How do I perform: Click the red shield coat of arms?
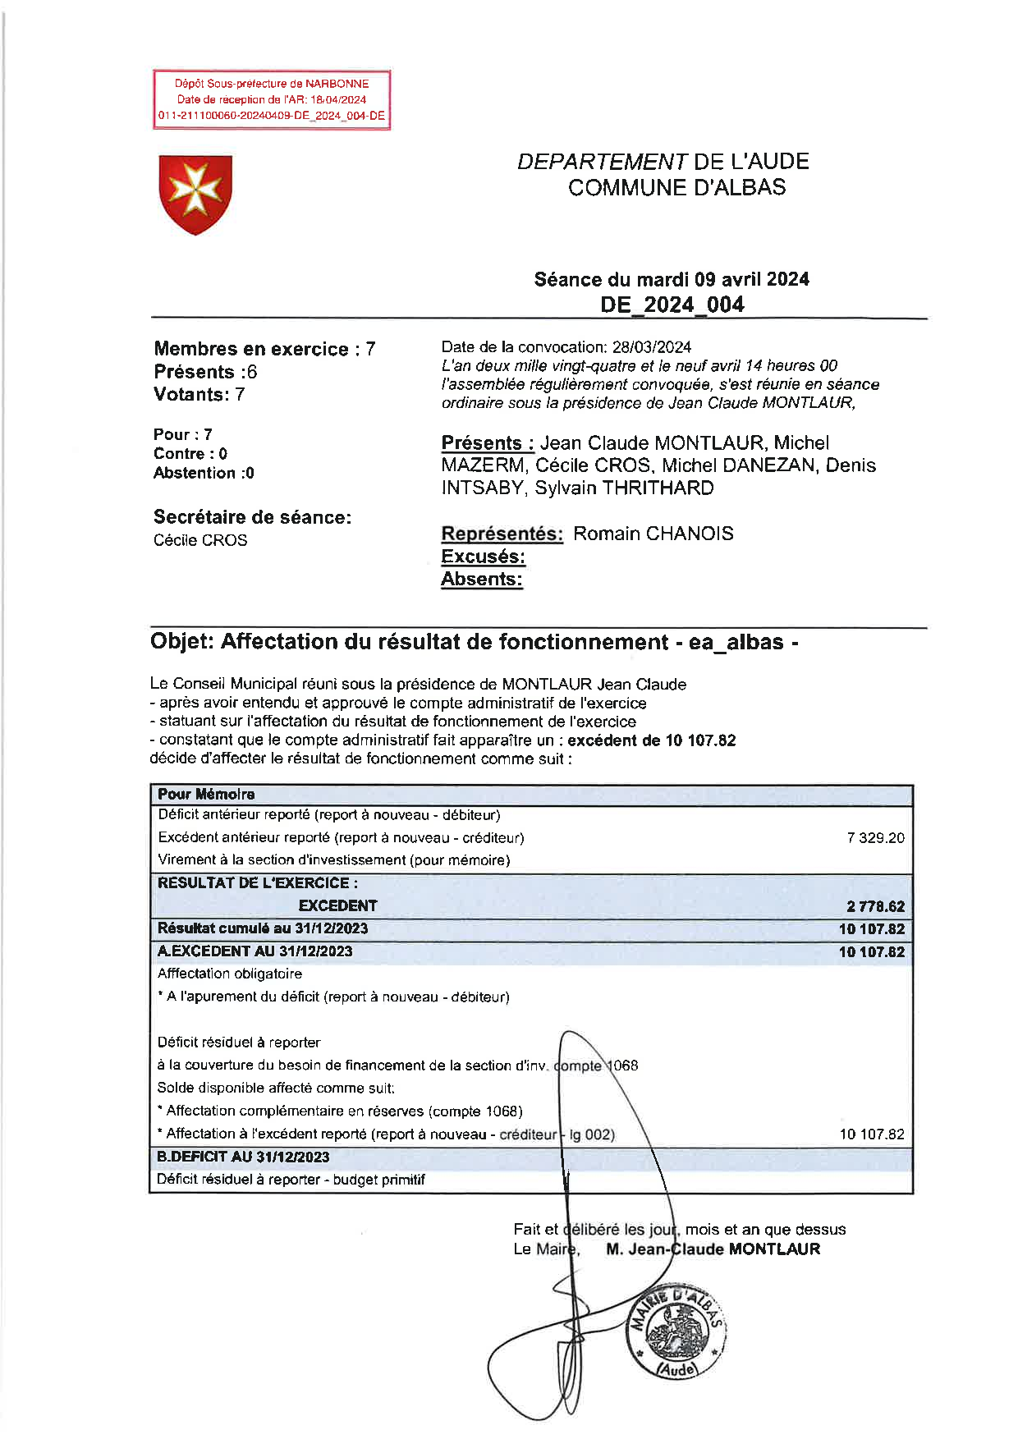point(195,195)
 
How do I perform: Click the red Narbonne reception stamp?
point(272,99)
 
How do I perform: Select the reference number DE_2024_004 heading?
point(672,305)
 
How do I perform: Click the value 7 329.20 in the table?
point(875,838)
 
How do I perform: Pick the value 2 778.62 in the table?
point(875,906)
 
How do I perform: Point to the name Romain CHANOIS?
point(653,534)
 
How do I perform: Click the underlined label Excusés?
point(483,557)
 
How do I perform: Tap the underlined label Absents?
point(481,579)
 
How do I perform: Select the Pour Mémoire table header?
point(206,794)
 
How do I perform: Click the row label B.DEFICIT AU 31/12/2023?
point(243,1157)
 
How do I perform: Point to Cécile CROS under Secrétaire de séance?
point(200,540)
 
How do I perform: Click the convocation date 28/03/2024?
point(651,347)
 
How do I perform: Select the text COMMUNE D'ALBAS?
point(676,187)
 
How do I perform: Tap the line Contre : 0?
point(190,454)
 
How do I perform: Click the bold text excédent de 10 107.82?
point(651,740)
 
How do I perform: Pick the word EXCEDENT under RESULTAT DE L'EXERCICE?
point(337,905)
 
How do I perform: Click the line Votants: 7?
point(199,394)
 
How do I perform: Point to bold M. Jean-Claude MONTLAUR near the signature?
point(713,1249)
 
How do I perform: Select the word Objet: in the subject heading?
point(181,642)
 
